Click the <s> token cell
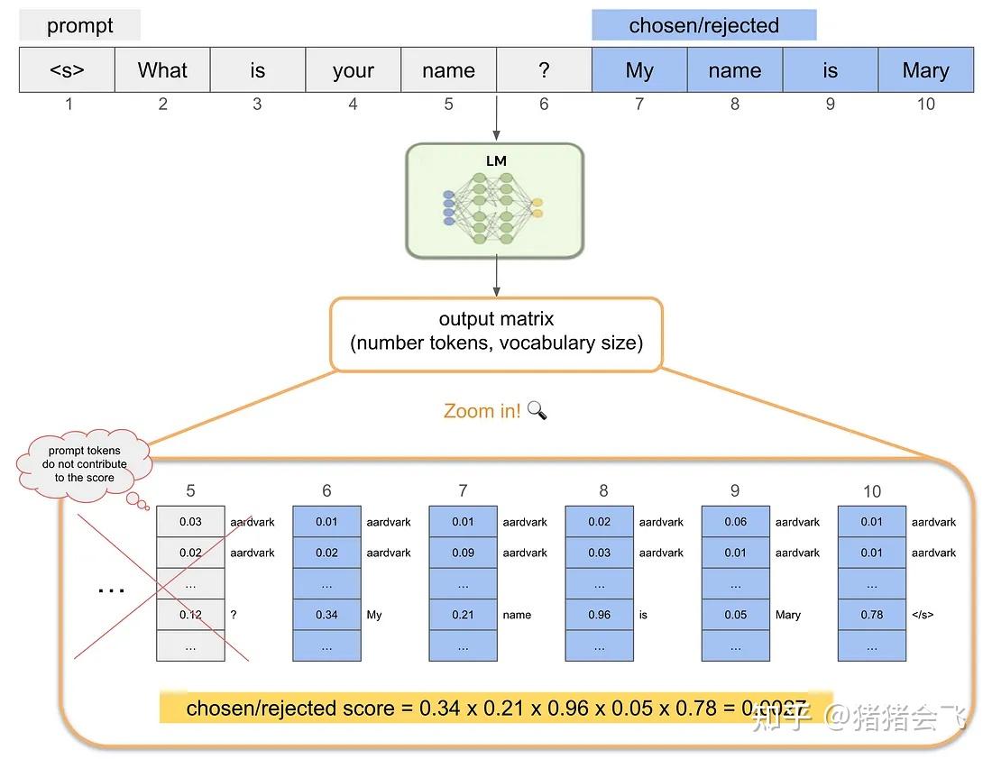[67, 70]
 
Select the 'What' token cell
[162, 70]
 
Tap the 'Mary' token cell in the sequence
[925, 70]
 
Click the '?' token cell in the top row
[544, 70]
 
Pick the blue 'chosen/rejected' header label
[703, 25]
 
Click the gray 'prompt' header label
[80, 25]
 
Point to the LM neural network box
[495, 200]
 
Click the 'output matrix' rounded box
[496, 332]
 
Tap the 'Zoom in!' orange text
[482, 411]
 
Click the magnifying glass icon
[537, 410]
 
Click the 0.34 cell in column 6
[326, 615]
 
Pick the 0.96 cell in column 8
[600, 615]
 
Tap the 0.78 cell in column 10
[871, 615]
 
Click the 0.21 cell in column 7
[463, 615]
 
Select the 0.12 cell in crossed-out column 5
[190, 615]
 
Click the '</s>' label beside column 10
[923, 615]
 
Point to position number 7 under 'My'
[639, 105]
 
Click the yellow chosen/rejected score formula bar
[495, 709]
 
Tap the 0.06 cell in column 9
[735, 522]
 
